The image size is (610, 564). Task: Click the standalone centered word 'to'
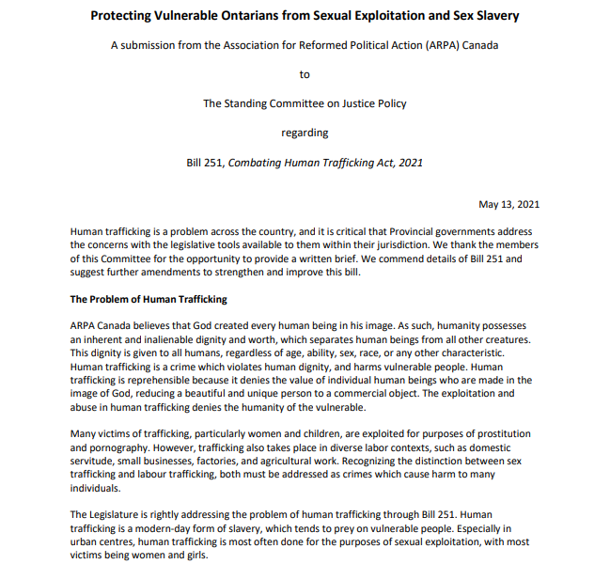(305, 74)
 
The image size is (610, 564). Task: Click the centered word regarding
(305, 133)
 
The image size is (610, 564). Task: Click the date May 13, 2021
(508, 204)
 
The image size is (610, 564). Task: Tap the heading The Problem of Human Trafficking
(149, 299)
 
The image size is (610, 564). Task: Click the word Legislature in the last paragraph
(125, 514)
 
